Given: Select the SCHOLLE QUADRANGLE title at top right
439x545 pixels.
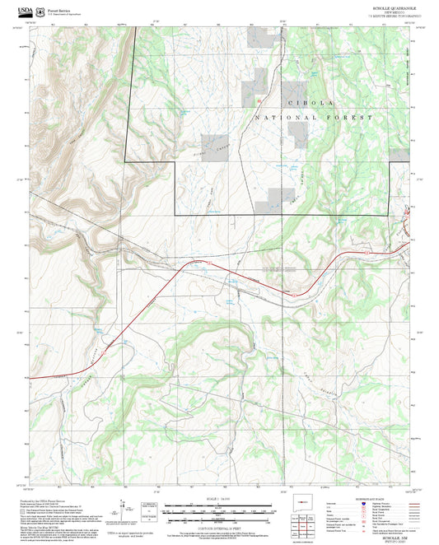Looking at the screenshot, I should (394, 8).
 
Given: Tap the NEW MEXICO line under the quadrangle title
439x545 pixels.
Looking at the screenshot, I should (394, 12).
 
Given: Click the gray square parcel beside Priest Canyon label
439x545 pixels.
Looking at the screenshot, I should (215, 142).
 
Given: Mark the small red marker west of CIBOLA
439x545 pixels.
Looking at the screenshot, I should (259, 101).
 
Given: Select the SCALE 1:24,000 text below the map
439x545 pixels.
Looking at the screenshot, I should (219, 497).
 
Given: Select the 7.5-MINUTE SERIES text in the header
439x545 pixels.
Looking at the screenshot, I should (394, 16).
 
